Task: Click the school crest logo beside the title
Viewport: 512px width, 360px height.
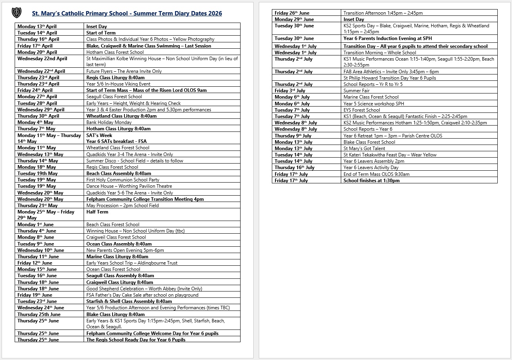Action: (17, 13)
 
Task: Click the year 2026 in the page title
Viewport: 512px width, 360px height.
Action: (214, 13)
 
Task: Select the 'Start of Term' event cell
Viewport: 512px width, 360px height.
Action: (101, 33)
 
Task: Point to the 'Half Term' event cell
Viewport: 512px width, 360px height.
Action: (97, 212)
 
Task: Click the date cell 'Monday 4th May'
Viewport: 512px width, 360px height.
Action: (35, 122)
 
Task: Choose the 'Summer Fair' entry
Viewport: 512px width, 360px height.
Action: (356, 91)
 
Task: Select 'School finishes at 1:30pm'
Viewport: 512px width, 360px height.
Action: (371, 181)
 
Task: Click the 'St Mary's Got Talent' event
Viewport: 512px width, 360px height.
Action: (364, 149)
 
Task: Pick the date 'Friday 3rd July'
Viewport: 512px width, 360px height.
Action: (290, 91)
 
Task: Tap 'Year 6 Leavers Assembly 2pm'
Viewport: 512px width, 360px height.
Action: (374, 161)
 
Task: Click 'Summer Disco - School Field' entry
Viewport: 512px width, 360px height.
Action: (135, 161)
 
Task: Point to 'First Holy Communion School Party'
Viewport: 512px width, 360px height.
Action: (123, 180)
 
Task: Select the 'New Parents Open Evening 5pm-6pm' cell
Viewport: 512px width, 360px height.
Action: (125, 250)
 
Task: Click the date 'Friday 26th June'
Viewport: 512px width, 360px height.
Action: (292, 13)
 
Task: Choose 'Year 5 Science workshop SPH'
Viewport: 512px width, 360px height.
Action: (374, 104)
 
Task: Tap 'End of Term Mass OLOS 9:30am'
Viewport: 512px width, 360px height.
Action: (376, 174)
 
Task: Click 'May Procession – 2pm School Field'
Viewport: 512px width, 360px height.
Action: (122, 206)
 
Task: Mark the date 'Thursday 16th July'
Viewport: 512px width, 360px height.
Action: (294, 168)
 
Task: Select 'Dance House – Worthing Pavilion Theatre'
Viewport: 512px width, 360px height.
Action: (129, 186)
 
